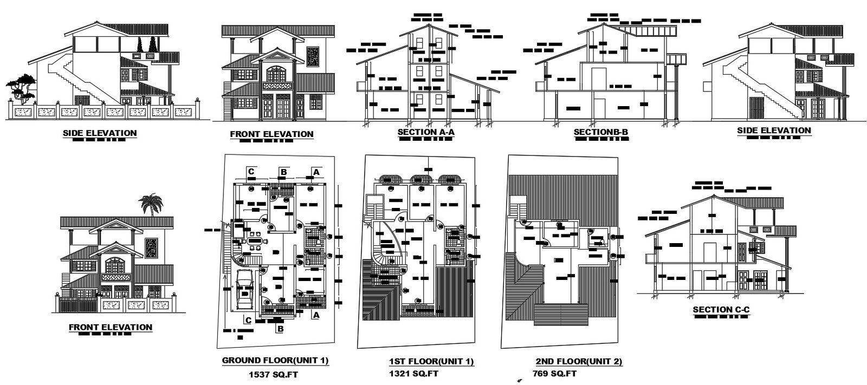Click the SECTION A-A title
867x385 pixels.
click(x=425, y=131)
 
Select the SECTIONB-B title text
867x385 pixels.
click(x=601, y=132)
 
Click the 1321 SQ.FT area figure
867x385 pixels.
click(x=414, y=374)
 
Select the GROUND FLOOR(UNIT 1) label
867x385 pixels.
click(x=275, y=361)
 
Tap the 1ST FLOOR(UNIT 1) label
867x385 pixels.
click(x=431, y=361)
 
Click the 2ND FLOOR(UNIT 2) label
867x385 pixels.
click(x=578, y=361)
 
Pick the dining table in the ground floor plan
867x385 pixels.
click(x=254, y=241)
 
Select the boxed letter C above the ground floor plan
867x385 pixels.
click(x=251, y=172)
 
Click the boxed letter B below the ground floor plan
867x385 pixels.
click(x=280, y=328)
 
